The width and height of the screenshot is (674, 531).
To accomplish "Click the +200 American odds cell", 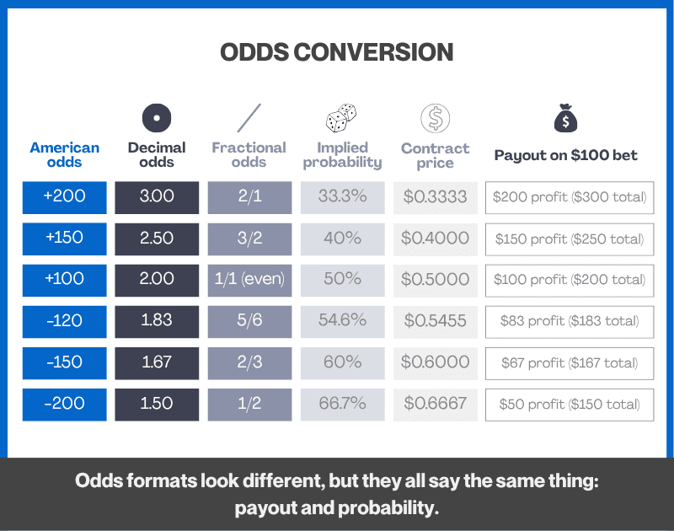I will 65,196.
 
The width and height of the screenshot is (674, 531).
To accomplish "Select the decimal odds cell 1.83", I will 157,320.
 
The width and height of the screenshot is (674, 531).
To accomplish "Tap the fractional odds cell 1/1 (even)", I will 249,279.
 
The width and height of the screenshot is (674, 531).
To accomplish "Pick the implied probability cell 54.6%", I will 342,320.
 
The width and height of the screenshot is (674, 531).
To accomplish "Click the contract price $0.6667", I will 435,403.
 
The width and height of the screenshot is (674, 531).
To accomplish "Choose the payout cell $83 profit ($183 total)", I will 570,320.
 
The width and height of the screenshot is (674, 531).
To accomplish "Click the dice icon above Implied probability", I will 341,117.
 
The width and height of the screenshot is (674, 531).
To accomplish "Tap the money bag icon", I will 565,119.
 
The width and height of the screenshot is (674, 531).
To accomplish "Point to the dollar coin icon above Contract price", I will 435,118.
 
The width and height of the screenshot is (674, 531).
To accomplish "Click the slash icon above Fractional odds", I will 249,117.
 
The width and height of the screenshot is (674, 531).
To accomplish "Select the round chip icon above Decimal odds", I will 157,117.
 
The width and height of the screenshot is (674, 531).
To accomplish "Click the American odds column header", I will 65,154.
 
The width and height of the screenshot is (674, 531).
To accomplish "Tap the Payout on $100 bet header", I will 566,155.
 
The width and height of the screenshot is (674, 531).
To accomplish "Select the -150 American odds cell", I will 65,362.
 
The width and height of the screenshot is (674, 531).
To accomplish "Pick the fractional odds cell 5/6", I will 249,320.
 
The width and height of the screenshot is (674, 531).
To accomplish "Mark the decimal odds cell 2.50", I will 157,238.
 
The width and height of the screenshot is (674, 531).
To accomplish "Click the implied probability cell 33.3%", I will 342,196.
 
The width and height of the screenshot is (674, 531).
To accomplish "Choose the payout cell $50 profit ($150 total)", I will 570,404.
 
